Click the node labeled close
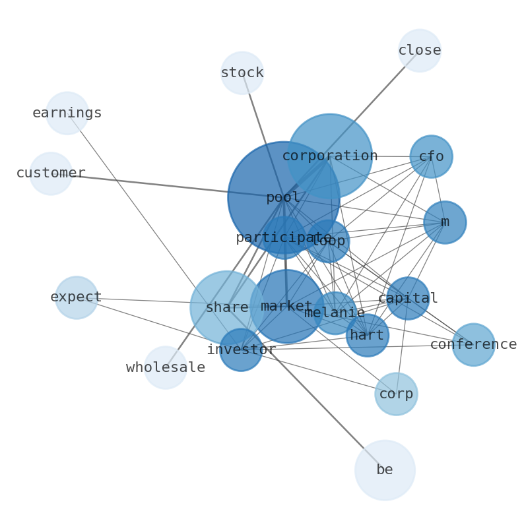coord(419,51)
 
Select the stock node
coord(242,73)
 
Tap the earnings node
coord(67,113)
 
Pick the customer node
coord(51,173)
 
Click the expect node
coord(77,297)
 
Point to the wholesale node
coord(166,368)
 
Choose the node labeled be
coord(385,470)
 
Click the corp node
coord(396,394)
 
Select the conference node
coord(473,344)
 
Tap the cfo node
coord(431,157)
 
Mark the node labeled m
coord(445,222)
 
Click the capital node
coord(408,299)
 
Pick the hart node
coord(367,336)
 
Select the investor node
coord(241,350)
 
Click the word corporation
coord(330,156)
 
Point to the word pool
coord(283,198)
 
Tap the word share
coord(226,308)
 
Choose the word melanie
coord(335,313)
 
